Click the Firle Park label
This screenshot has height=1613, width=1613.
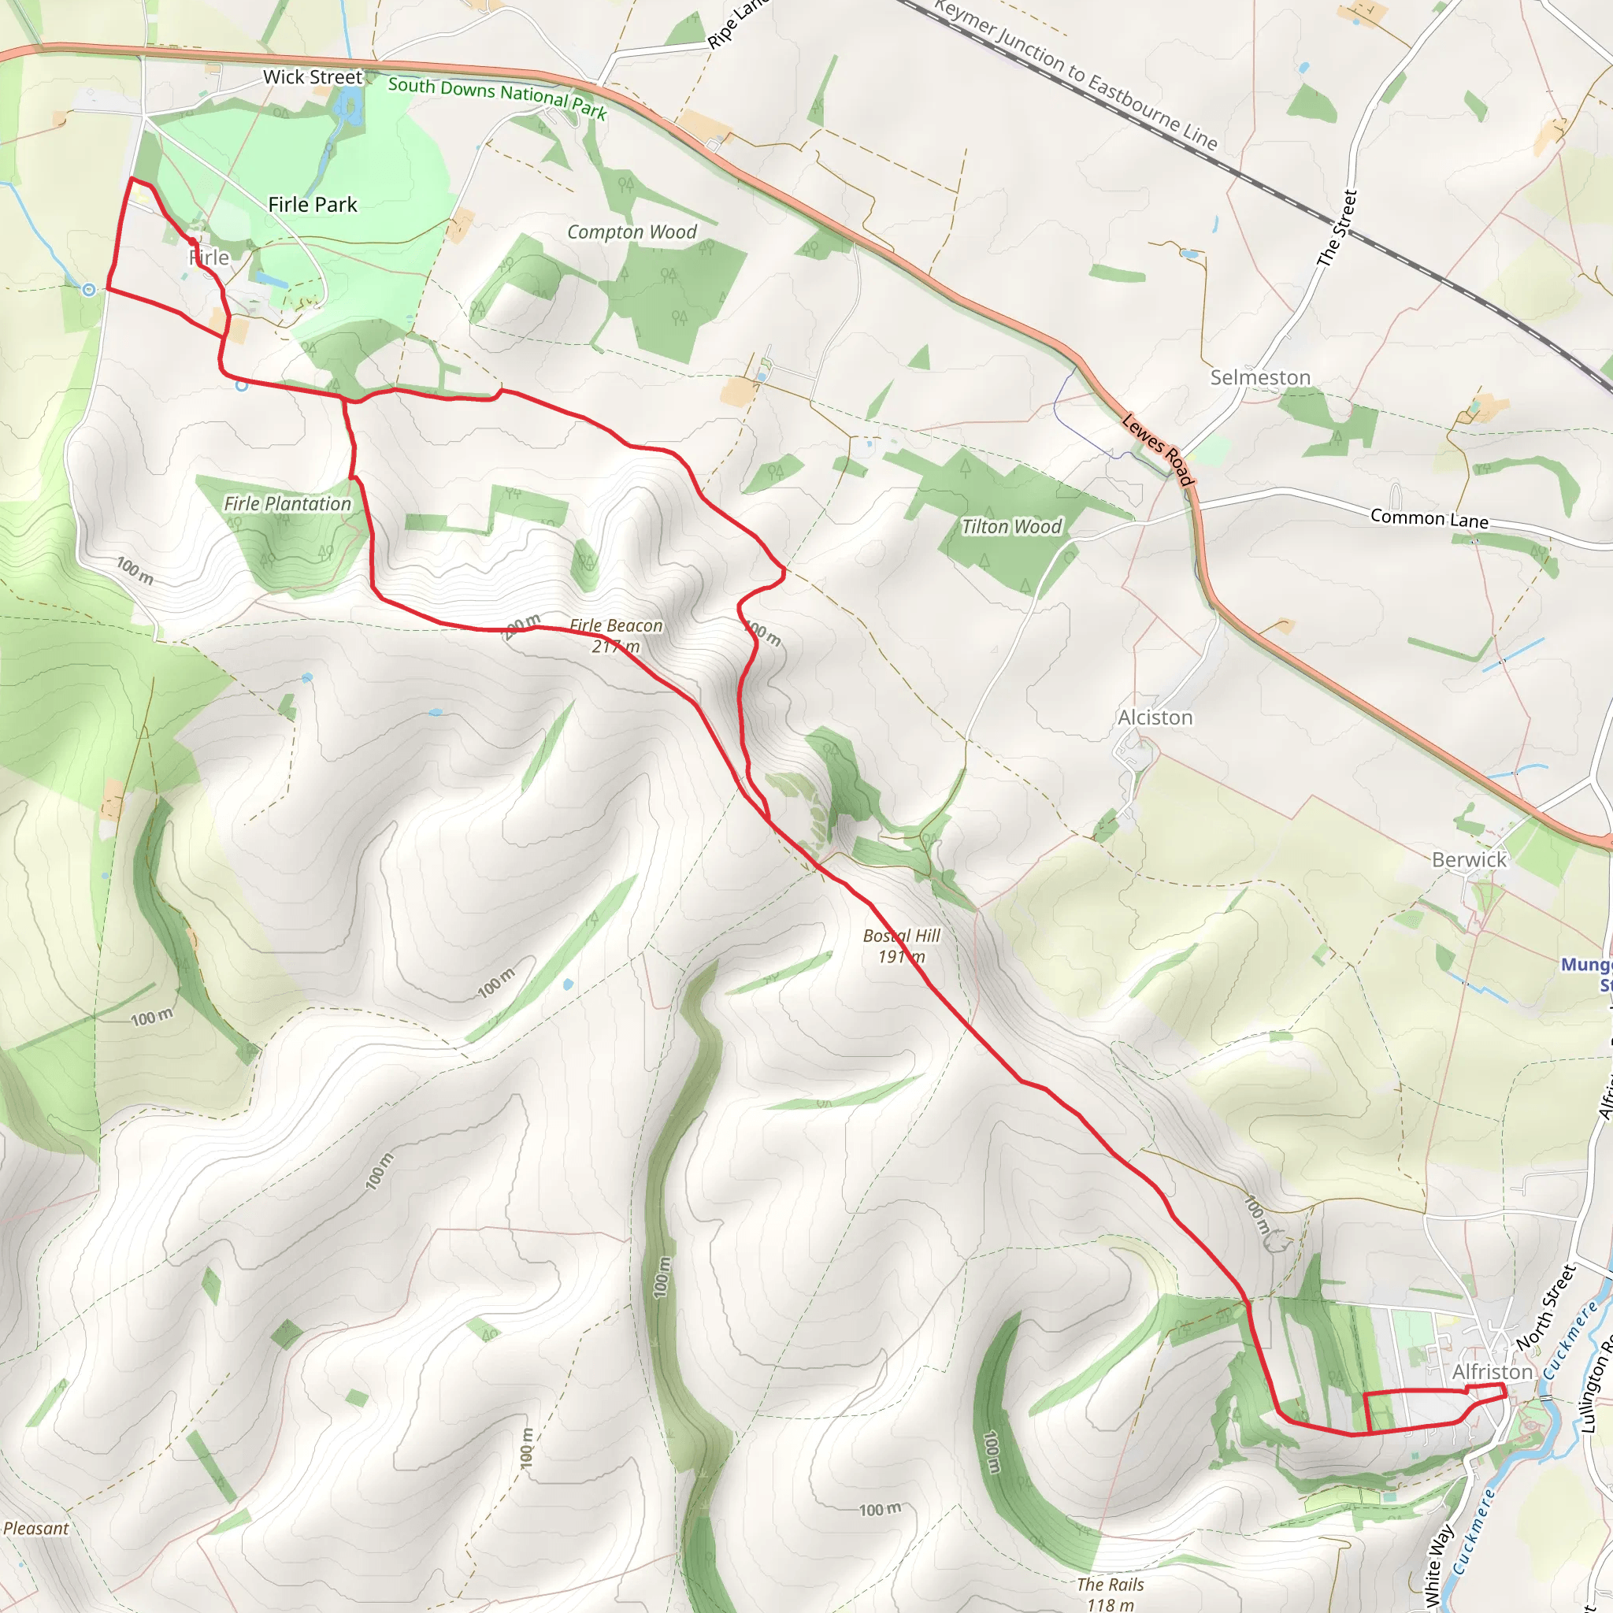[312, 205]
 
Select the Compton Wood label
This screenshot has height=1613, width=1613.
[631, 232]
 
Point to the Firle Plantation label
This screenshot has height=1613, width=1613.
[287, 503]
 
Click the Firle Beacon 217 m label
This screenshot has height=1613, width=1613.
[616, 636]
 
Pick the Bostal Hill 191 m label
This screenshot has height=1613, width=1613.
[902, 946]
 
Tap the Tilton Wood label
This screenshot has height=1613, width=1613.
[1011, 527]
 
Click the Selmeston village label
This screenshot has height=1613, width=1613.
[1260, 377]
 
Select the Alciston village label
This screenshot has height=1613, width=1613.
[1155, 718]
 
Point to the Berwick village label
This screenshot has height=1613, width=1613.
[1469, 860]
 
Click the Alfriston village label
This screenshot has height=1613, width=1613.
[1492, 1372]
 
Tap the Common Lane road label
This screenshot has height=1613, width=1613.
[1429, 518]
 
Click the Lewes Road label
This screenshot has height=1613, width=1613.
[1157, 449]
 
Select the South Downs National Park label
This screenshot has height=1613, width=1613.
[498, 97]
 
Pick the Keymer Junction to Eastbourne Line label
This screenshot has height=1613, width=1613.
[1076, 75]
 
